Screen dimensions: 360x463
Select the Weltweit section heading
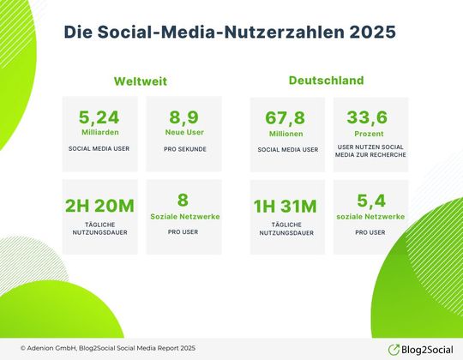coord(140,81)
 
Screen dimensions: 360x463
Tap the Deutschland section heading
coord(325,81)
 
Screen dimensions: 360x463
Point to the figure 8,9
coord(183,118)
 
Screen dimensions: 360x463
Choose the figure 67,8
coord(287,118)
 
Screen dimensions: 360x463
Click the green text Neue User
coord(183,133)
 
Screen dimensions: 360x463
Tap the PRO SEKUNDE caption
coord(183,148)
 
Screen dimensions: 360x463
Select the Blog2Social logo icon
coord(394,348)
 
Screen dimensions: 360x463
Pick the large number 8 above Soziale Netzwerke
coord(183,201)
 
